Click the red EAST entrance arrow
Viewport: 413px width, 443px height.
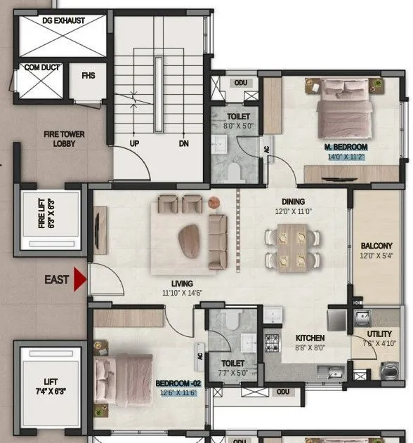click(80, 279)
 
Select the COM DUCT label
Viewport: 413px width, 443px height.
click(41, 67)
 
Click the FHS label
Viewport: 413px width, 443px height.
click(88, 75)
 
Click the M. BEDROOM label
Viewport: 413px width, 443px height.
click(346, 147)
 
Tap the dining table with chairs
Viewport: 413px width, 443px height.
click(291, 246)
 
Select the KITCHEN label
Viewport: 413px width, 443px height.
click(310, 337)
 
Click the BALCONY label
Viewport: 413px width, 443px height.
click(376, 246)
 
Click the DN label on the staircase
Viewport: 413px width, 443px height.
click(183, 143)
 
